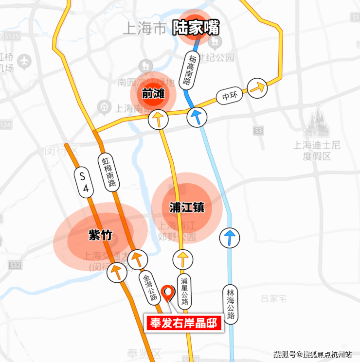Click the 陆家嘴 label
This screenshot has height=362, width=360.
pyautogui.click(x=196, y=29)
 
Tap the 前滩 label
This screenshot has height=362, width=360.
pyautogui.click(x=153, y=94)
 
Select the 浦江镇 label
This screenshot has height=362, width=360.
pyautogui.click(x=187, y=208)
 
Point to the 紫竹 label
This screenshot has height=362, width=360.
pyautogui.click(x=100, y=235)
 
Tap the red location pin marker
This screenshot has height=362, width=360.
pyautogui.click(x=168, y=293)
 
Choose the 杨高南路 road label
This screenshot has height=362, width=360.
pyautogui.click(x=188, y=71)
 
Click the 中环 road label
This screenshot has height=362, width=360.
pyautogui.click(x=229, y=96)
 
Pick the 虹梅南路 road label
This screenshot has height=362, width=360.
pyautogui.click(x=108, y=172)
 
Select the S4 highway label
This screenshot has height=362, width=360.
pyautogui.click(x=83, y=182)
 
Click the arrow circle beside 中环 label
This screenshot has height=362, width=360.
pyautogui.click(x=257, y=88)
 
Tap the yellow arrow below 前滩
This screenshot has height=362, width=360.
pyautogui.click(x=158, y=119)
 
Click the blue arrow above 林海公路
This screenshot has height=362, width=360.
pyautogui.click(x=230, y=238)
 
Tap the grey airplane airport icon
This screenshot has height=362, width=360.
pyautogui.click(x=23, y=61)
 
